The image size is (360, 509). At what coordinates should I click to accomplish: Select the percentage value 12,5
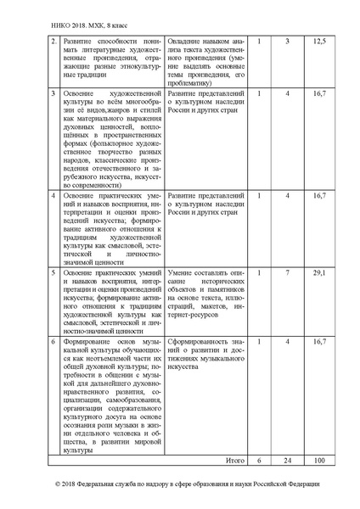click(x=319, y=41)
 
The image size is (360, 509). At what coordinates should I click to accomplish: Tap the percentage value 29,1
click(x=319, y=273)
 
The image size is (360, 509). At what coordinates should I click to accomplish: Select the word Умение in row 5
click(x=182, y=273)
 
